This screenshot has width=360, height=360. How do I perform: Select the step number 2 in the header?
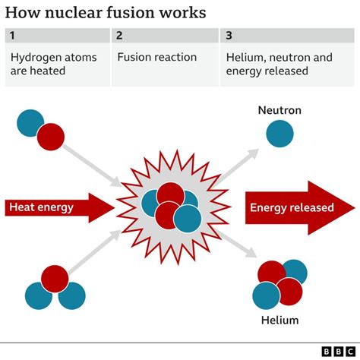pos(120,36)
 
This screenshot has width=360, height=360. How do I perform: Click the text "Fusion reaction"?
pos(156,57)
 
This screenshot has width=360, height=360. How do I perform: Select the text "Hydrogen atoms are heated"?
pos(48,64)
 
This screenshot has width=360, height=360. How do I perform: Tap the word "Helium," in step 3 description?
pos(246,57)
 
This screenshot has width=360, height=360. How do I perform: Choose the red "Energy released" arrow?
pos(296,207)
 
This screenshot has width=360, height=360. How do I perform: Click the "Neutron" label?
pos(279,110)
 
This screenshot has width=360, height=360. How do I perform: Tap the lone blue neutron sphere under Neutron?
pos(279,134)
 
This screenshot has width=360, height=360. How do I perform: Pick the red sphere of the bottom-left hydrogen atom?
pos(55,279)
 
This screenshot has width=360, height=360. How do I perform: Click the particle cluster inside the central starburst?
pos(171,206)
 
